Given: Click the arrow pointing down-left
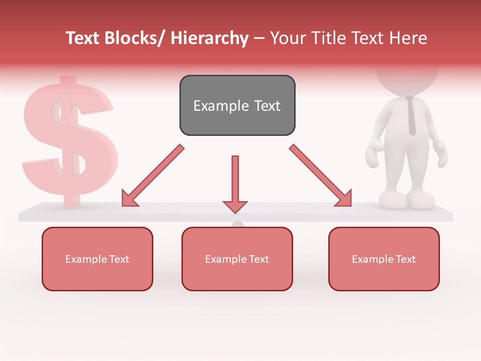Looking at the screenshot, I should click(x=153, y=175).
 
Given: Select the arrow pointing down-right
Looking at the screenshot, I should click(x=321, y=175).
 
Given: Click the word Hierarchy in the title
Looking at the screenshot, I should click(x=209, y=38).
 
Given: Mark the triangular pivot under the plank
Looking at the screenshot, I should click(x=237, y=224).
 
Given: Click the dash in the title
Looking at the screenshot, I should click(x=259, y=38).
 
